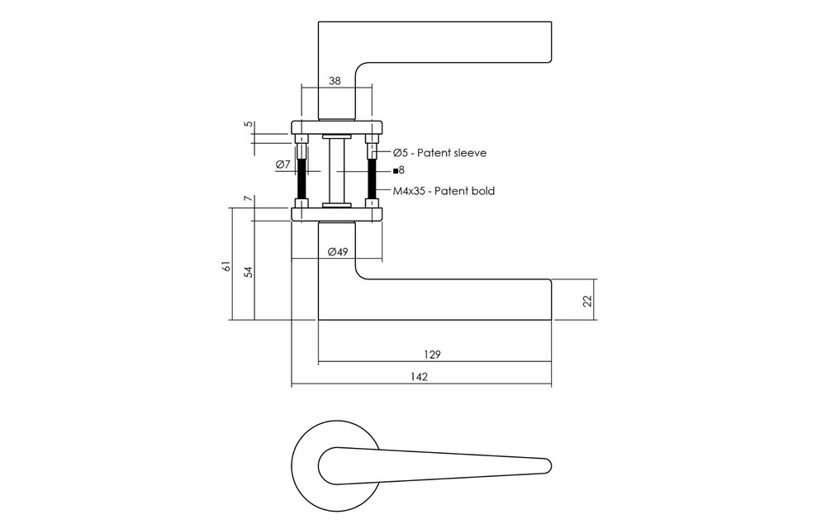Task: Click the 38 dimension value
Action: coord(335,81)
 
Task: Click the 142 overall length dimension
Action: coord(419,377)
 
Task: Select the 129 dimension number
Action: coord(432,354)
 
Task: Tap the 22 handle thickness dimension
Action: coord(588,301)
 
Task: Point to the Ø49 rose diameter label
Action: coord(338,251)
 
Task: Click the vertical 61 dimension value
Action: coord(227,266)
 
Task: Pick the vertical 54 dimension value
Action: coord(249,272)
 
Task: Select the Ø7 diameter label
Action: coord(282,164)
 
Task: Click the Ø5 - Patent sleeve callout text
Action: coord(440,153)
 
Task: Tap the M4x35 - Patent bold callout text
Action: coord(444,191)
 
